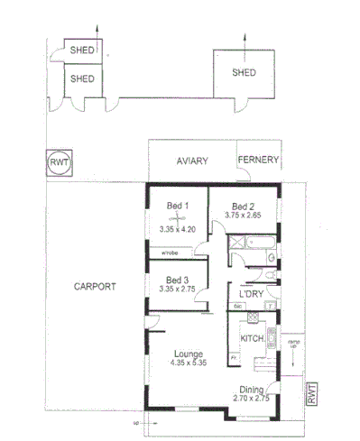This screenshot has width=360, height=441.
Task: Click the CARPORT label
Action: pyautogui.click(x=95, y=286)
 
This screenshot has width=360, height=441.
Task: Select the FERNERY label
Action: pyautogui.click(x=258, y=161)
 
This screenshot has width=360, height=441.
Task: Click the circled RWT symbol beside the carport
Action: pyautogui.click(x=60, y=164)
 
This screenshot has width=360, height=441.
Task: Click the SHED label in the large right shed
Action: pyautogui.click(x=244, y=72)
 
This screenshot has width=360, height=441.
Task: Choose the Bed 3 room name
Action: pyautogui.click(x=177, y=280)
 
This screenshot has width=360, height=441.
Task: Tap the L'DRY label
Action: pyautogui.click(x=251, y=295)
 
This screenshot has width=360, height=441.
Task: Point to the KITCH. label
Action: pyautogui.click(x=252, y=338)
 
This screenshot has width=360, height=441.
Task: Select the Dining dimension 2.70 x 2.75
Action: pyautogui.click(x=252, y=399)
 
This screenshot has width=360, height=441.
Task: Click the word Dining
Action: pyautogui.click(x=252, y=389)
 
